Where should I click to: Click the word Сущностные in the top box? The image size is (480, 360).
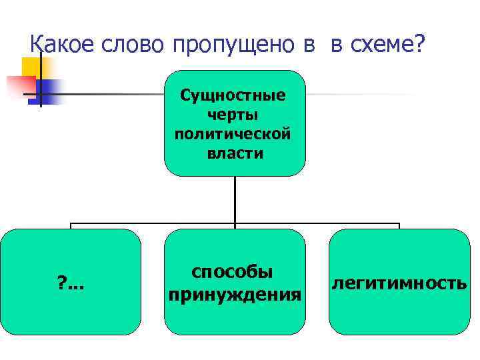pyautogui.click(x=234, y=95)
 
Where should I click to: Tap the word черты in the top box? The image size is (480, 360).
pyautogui.click(x=234, y=115)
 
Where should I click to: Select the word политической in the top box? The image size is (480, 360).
pyautogui.click(x=234, y=134)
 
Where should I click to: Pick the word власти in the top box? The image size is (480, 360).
pyautogui.click(x=235, y=153)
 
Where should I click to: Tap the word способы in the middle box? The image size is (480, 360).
pyautogui.click(x=232, y=273)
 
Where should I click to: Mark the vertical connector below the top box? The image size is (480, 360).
pyautogui.click(x=235, y=200)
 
